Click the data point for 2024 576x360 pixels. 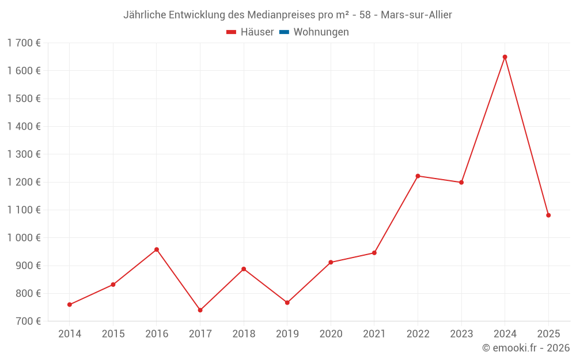505,57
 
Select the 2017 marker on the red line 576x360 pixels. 200,310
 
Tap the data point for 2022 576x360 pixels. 418,176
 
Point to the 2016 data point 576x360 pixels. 157,249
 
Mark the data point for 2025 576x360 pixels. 548,215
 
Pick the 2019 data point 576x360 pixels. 287,302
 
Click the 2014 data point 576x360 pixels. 70,305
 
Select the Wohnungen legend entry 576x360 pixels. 321,32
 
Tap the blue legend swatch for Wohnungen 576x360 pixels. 284,32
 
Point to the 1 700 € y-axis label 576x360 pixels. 24,43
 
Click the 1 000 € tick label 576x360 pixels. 24,238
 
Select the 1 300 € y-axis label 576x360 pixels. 24,154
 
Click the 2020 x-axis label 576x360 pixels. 331,334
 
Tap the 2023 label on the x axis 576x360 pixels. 461,334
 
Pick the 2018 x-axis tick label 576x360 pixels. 244,334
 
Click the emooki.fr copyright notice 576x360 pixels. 526,348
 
